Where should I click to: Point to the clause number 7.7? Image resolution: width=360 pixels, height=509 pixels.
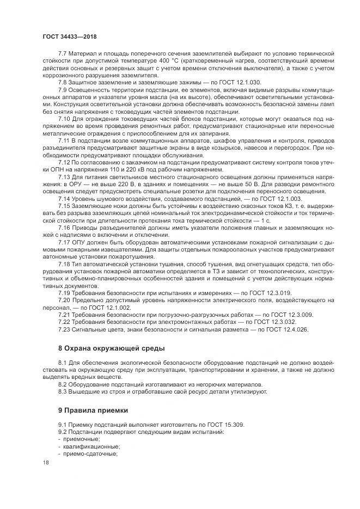63,53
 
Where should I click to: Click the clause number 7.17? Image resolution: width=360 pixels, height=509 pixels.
64,256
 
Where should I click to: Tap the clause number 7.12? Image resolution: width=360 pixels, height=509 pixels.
64,163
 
